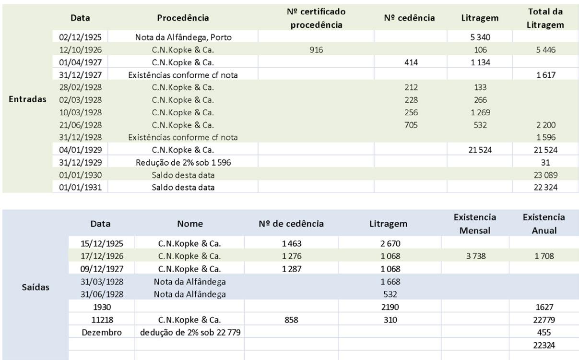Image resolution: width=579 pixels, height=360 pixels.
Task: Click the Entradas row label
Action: pos(28,99)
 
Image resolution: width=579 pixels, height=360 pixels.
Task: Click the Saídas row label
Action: pos(35,287)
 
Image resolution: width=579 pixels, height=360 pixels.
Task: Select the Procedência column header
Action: pos(183,18)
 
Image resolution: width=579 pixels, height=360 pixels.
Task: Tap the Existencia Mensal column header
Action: pos(474,224)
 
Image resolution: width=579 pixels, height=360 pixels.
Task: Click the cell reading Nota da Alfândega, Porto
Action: pos(183,37)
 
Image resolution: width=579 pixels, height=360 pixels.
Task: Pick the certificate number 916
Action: pos(316,49)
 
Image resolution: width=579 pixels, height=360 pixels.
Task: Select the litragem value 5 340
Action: pos(480,37)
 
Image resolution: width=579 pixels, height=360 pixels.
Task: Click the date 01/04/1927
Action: pos(80,62)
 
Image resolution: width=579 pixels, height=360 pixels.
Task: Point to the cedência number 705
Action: pos(411,125)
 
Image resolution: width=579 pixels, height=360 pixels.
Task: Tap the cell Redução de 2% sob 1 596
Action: pos(183,162)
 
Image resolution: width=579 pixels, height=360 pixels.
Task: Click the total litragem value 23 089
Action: pos(545,175)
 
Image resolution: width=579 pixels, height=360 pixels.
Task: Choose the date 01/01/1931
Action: pos(80,187)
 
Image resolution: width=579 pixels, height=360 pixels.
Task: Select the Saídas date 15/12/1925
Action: pos(101,243)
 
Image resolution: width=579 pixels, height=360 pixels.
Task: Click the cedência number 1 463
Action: pos(291,243)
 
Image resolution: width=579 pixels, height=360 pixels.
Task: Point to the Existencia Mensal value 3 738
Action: pos(474,256)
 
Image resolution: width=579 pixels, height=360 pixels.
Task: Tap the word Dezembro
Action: pos(101,332)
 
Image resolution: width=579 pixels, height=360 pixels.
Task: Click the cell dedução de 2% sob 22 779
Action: pos(189,332)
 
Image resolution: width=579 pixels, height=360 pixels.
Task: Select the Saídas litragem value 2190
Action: pos(390,307)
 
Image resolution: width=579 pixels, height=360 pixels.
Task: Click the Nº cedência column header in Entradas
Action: pos(409,18)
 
